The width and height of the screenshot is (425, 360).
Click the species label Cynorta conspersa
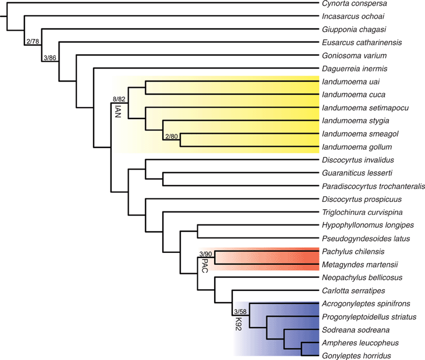pyautogui.click(x=354, y=3)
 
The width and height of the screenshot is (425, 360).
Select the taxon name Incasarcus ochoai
pyautogui.click(x=353, y=16)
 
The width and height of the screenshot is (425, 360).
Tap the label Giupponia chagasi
pyautogui.click(x=354, y=29)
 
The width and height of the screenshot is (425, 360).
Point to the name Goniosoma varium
pyautogui.click(x=354, y=56)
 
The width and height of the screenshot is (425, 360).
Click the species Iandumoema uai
pyautogui.click(x=351, y=82)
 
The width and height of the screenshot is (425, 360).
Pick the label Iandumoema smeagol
pyautogui.click(x=360, y=134)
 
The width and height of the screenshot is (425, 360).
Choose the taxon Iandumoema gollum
pyautogui.click(x=357, y=147)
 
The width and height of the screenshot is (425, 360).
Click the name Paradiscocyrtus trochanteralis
pyautogui.click(x=373, y=186)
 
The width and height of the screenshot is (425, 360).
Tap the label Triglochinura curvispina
pyautogui.click(x=362, y=212)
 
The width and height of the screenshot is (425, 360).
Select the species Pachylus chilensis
pyautogui.click(x=353, y=252)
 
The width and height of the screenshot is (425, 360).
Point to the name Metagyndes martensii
pyautogui.click(x=360, y=265)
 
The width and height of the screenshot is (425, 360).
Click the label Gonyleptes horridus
pyautogui.click(x=356, y=355)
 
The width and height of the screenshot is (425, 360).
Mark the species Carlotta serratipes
pyautogui.click(x=354, y=291)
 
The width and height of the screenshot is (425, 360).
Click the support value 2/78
pyautogui.click(x=33, y=41)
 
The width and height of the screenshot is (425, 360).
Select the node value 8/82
pyautogui.click(x=119, y=99)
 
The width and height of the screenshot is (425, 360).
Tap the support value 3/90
pyautogui.click(x=206, y=254)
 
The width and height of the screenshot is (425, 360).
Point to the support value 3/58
pyautogui.click(x=240, y=312)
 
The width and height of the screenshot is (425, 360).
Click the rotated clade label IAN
pyautogui.click(x=117, y=111)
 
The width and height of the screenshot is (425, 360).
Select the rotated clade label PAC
pyautogui.click(x=205, y=266)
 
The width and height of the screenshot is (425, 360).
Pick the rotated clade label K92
pyautogui.click(x=239, y=324)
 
